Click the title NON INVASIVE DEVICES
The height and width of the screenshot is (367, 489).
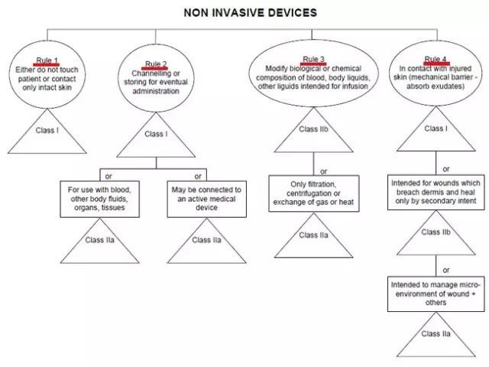click(245, 13)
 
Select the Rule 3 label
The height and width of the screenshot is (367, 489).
click(314, 59)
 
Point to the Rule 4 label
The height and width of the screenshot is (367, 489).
click(436, 59)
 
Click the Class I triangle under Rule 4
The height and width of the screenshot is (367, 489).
click(436, 129)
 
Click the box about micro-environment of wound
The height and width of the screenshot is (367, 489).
click(436, 293)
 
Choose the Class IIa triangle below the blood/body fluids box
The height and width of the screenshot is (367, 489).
click(100, 240)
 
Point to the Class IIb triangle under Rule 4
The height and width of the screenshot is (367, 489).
click(436, 230)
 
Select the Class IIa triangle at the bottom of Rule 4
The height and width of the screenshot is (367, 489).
click(436, 335)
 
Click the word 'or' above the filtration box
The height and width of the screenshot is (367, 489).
click(324, 171)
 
